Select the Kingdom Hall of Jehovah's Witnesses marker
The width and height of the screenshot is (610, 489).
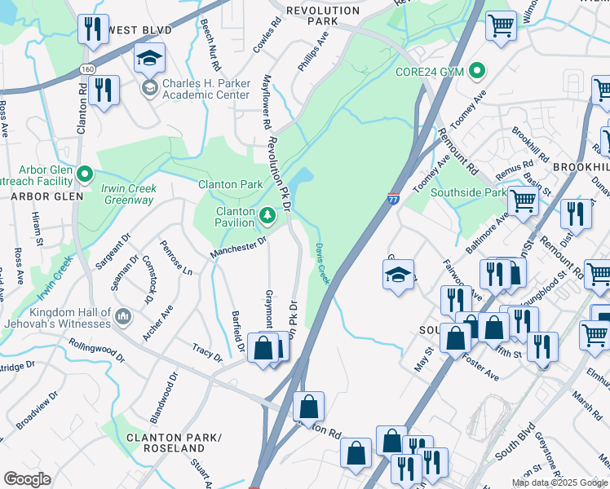(122, 315)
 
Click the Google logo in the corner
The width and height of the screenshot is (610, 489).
(28, 479)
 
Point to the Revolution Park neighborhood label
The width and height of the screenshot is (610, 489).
(322, 15)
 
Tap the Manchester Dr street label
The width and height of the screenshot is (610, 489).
(240, 244)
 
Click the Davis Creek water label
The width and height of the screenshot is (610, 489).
(322, 263)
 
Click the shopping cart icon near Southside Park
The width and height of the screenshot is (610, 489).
(522, 200)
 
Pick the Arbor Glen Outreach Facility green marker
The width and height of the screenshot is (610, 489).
(85, 174)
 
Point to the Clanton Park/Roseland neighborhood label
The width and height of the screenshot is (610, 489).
(174, 443)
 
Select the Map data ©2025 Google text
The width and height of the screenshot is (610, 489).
(559, 482)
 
